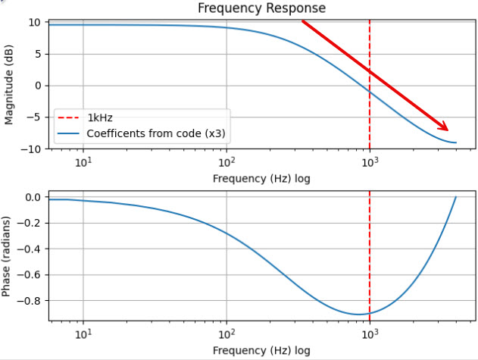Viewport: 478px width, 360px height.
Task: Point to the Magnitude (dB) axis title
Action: (10, 85)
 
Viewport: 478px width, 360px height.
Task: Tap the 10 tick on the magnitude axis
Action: (34, 22)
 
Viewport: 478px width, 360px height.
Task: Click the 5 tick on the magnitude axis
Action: (36, 54)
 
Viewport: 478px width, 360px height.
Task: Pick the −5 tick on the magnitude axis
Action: (32, 117)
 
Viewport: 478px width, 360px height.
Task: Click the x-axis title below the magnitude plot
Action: (261, 179)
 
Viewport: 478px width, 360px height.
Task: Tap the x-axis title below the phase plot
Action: (261, 351)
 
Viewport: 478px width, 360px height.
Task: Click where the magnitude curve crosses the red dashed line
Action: (370, 90)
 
